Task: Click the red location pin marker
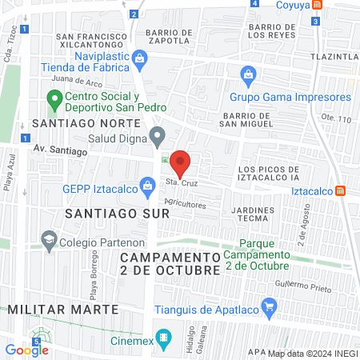(180, 162)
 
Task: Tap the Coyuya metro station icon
(317, 5)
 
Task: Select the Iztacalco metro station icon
(340, 190)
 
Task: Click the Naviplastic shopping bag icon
(140, 58)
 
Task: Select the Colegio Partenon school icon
(49, 240)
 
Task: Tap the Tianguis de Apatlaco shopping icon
(270, 306)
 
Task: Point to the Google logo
(26, 350)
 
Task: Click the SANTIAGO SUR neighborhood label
(117, 214)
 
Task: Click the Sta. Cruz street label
(181, 183)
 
